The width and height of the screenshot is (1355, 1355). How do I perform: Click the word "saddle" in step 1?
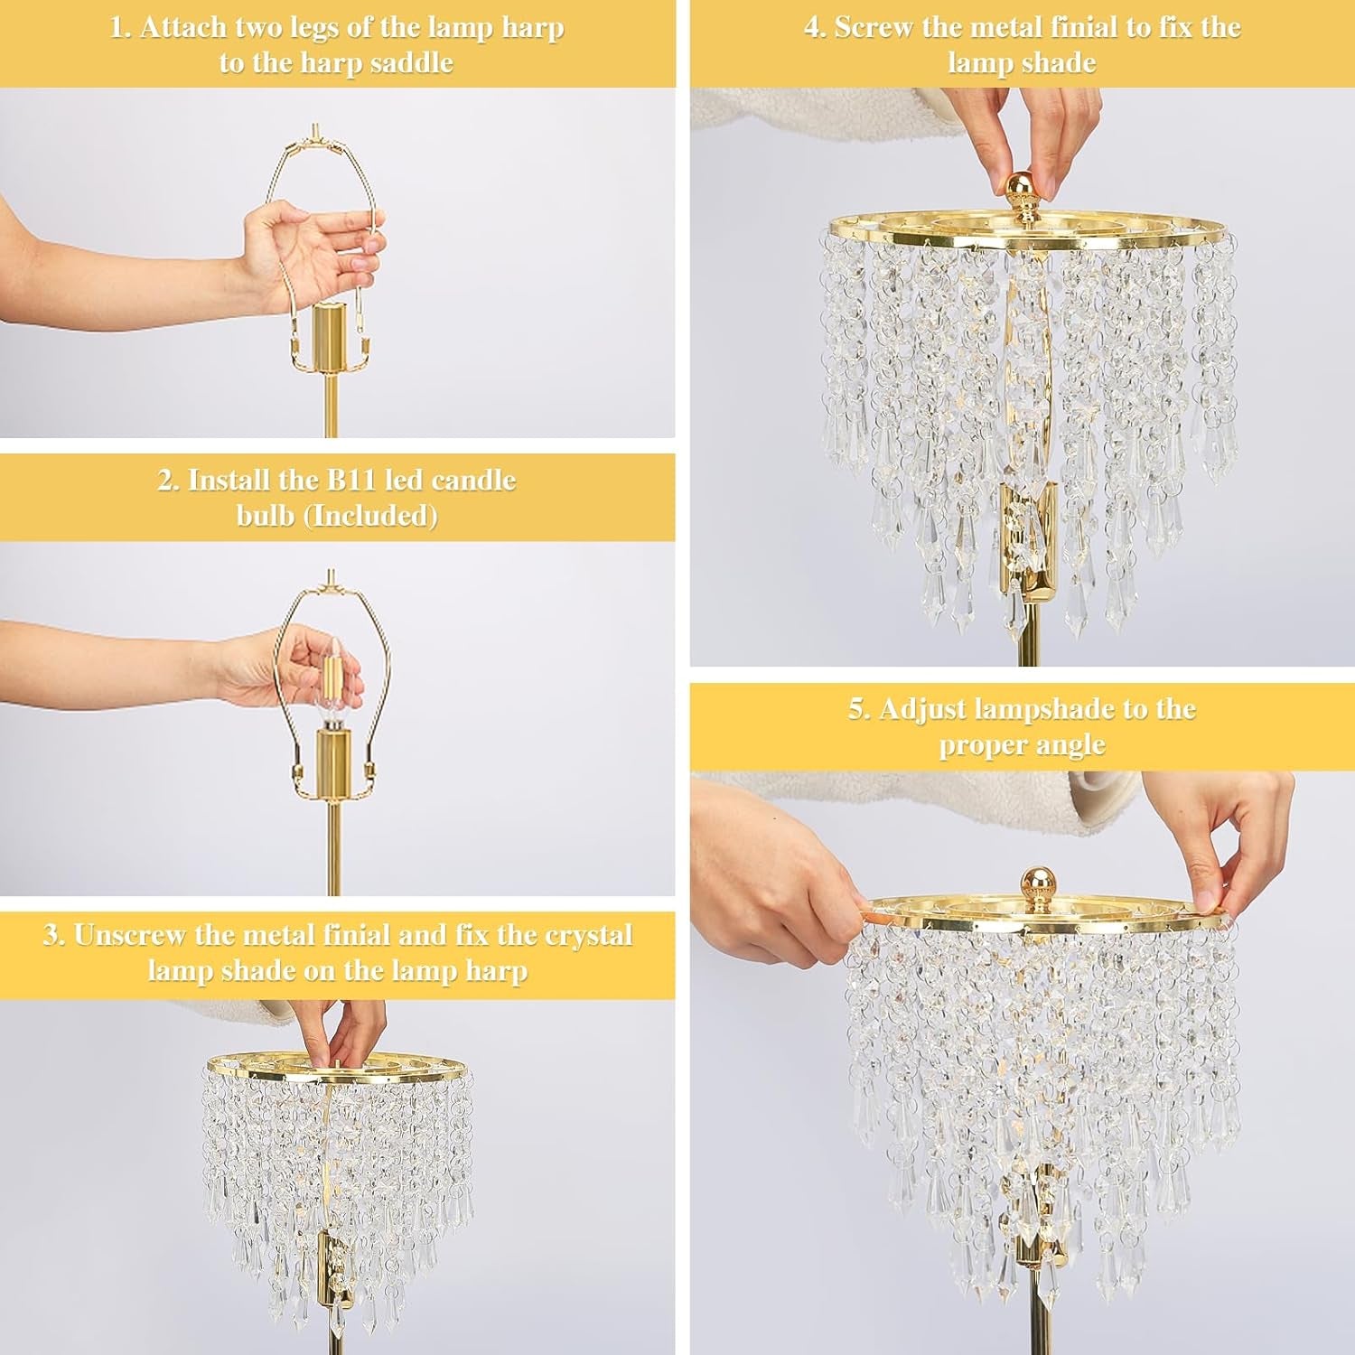point(411,63)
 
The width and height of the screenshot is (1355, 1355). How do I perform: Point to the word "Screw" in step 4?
point(874,28)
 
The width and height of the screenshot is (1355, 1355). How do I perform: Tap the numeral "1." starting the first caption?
point(121,28)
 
